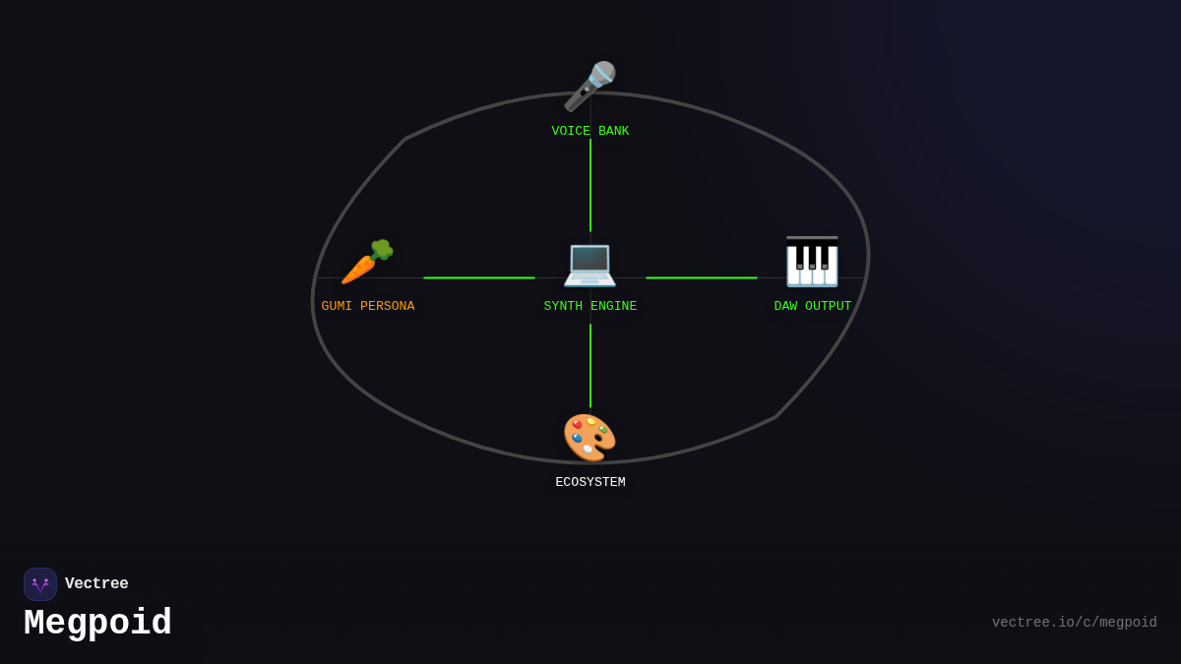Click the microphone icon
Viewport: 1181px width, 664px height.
pyautogui.click(x=590, y=87)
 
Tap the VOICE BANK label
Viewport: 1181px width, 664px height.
pyautogui.click(x=590, y=131)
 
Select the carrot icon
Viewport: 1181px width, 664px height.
pyautogui.click(x=367, y=262)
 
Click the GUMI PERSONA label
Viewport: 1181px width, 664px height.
pyautogui.click(x=367, y=306)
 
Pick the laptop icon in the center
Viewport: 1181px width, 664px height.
pyautogui.click(x=590, y=265)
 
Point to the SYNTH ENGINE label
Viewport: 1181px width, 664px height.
pyautogui.click(x=590, y=306)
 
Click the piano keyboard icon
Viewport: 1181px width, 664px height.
pyautogui.click(x=812, y=262)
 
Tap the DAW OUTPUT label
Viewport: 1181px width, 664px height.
pyautogui.click(x=813, y=306)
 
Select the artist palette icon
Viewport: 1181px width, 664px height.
pyautogui.click(x=590, y=438)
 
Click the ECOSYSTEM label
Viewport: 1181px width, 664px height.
pyautogui.click(x=590, y=482)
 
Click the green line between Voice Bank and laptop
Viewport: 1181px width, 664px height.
pyautogui.click(x=590, y=186)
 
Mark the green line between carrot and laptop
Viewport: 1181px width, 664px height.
pyautogui.click(x=479, y=277)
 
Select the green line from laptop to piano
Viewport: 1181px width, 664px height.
pyautogui.click(x=702, y=277)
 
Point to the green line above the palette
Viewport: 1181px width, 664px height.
pyautogui.click(x=590, y=366)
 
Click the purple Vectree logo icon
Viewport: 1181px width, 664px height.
pyautogui.click(x=40, y=584)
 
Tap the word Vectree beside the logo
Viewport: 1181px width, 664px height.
pyautogui.click(x=96, y=583)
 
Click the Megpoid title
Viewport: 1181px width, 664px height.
pyautogui.click(x=97, y=623)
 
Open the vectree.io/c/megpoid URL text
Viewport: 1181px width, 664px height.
pyautogui.click(x=1074, y=623)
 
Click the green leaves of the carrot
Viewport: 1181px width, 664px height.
pyautogui.click(x=382, y=250)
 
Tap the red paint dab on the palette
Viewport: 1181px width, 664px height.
pyautogui.click(x=578, y=424)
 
